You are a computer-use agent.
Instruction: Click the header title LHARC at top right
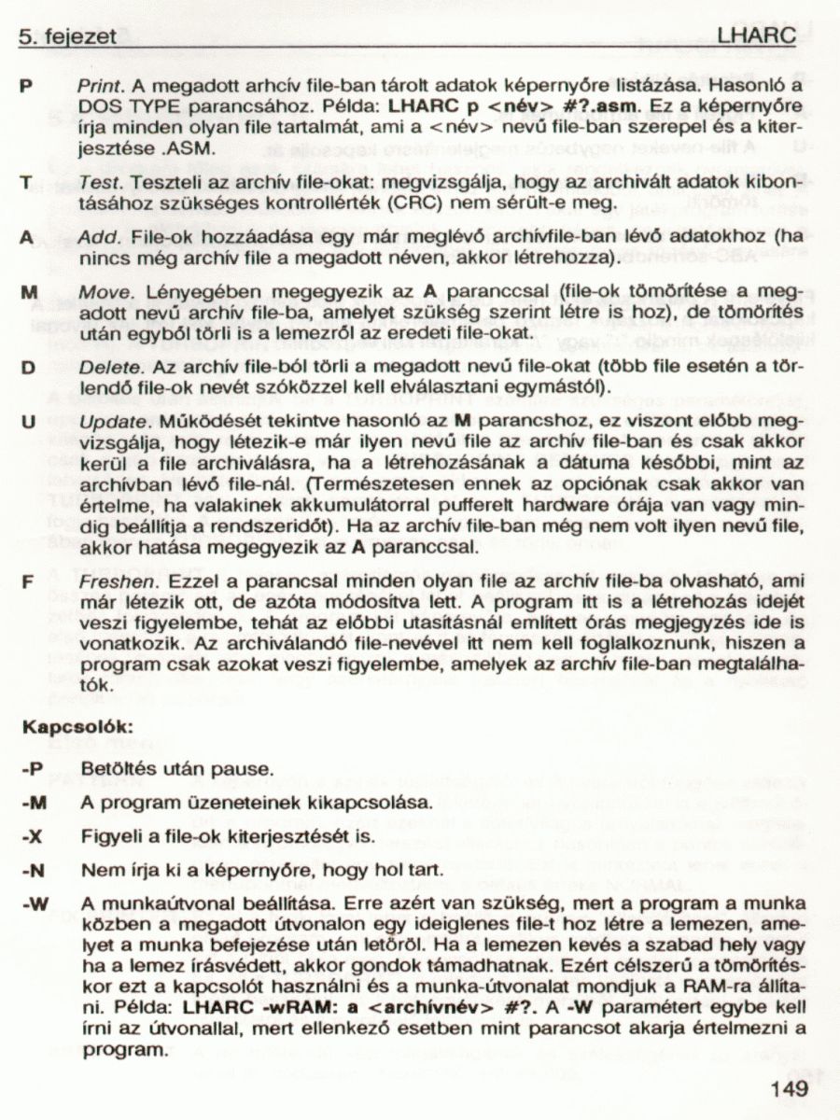757,35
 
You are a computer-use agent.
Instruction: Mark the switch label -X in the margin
32,836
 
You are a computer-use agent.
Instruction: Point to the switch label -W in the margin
34,903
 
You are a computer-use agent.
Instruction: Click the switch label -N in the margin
32,870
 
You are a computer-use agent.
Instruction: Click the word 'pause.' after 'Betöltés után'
247,770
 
